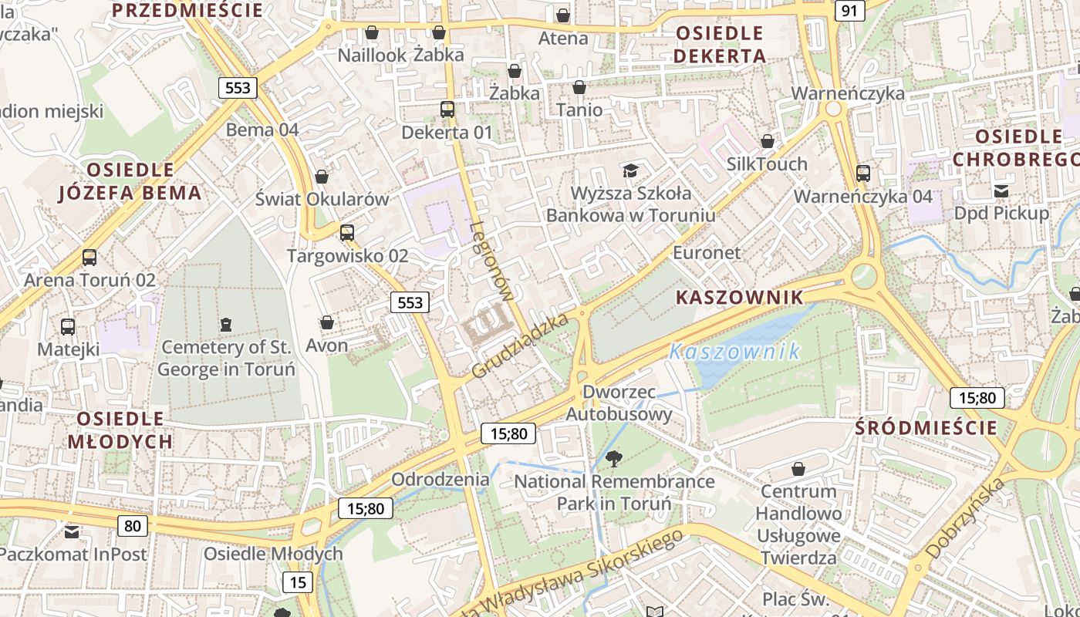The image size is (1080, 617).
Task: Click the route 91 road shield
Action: click(849, 11)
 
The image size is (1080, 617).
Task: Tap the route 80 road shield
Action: click(133, 526)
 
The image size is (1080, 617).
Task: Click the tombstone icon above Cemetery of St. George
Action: click(225, 324)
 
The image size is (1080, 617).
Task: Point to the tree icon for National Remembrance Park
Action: click(614, 459)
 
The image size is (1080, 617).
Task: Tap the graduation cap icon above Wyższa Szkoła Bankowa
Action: click(631, 170)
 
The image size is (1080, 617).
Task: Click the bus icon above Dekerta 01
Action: click(447, 110)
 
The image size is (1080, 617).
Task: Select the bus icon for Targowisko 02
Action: click(347, 232)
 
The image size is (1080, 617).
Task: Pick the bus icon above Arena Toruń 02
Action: click(89, 257)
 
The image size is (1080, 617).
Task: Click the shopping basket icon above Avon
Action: click(327, 322)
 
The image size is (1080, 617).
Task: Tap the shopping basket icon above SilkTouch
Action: click(767, 141)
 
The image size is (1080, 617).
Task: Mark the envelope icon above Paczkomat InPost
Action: click(72, 531)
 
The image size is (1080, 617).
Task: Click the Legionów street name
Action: click(491, 261)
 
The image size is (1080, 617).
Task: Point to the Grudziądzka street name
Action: click(520, 346)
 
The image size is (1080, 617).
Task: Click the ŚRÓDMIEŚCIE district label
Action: click(926, 428)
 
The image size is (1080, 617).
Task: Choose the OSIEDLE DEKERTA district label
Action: click(719, 45)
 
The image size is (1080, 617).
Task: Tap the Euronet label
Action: click(707, 252)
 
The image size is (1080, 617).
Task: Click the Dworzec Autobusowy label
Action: click(619, 403)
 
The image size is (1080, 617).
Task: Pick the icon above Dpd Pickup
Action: click(1001, 190)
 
